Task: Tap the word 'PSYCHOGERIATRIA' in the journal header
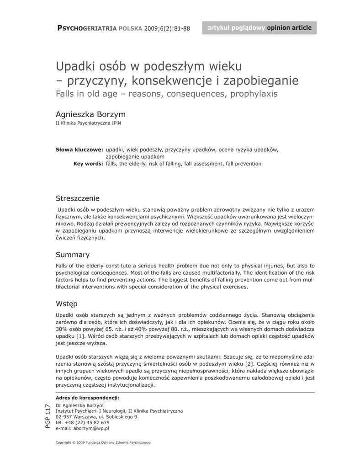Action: pos(87,28)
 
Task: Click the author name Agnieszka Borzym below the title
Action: pos(90,114)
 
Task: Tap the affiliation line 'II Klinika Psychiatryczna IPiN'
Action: pos(88,123)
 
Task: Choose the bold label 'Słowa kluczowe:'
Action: pos(79,149)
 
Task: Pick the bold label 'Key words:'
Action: pos(88,163)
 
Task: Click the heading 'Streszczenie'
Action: pos(78,198)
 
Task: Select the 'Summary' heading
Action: pos(73,255)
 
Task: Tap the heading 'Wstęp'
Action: pos(67,303)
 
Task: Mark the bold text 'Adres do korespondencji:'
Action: pos(87,398)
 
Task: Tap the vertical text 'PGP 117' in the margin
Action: pos(48,416)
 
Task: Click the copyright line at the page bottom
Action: pos(103,442)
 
